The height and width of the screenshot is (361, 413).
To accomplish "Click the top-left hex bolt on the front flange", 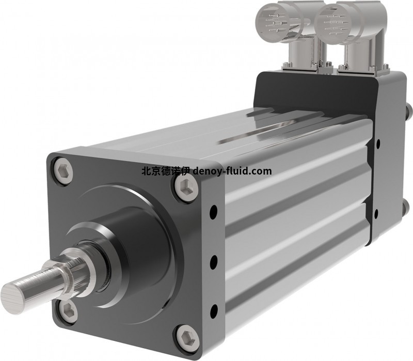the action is click(x=63, y=170).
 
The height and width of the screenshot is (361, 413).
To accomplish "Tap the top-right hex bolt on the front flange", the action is click(x=186, y=187).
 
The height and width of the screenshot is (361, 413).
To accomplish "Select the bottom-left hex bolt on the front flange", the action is click(x=68, y=311).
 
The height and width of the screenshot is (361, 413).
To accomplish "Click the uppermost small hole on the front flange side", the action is click(x=214, y=211).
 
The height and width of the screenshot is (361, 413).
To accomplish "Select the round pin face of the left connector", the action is click(x=274, y=23).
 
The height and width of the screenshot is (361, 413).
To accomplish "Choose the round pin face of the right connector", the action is click(x=333, y=25).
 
